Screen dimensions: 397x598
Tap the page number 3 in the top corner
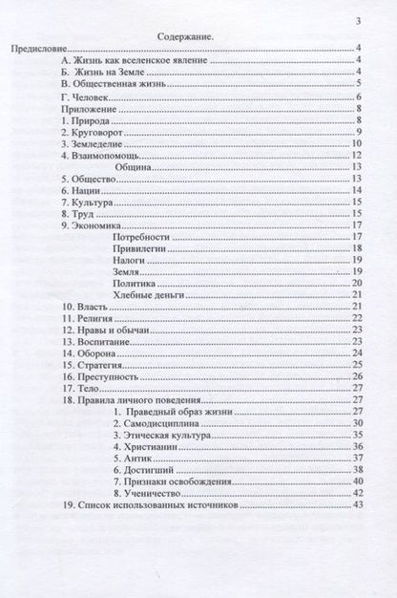coord(358,20)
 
